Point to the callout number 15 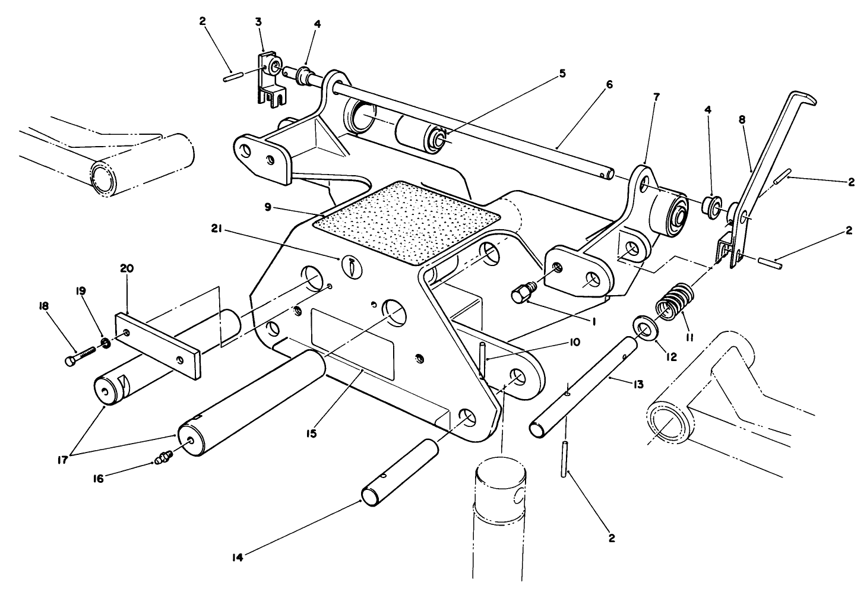[311, 434]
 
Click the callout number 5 [562, 74]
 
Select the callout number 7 [640, 96]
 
